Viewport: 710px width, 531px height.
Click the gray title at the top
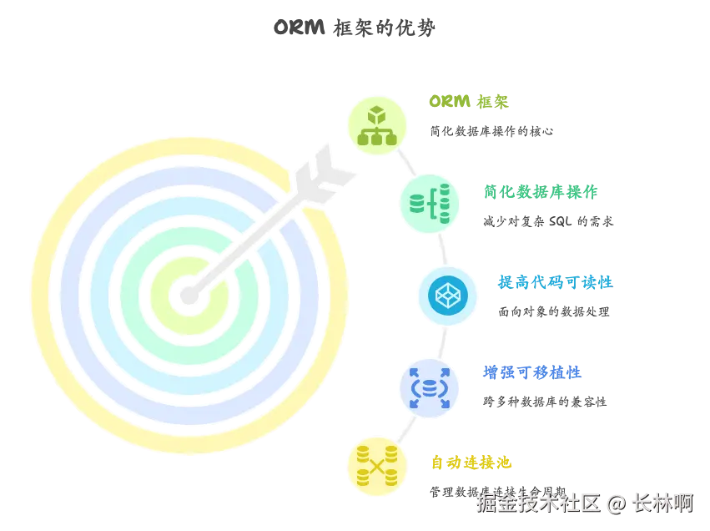click(355, 28)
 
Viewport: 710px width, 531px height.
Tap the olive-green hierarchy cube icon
click(376, 124)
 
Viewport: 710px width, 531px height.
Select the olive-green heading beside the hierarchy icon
click(470, 103)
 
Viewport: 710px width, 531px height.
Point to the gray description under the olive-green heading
click(491, 130)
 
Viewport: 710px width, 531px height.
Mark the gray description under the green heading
click(547, 220)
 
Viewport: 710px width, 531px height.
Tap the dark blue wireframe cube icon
click(448, 295)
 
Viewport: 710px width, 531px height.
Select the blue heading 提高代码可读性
click(554, 282)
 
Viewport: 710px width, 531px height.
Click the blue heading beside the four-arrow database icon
click(532, 372)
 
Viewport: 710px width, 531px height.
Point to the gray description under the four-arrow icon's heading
click(543, 400)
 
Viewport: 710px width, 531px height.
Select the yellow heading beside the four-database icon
click(470, 462)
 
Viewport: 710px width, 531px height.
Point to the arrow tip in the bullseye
click(189, 293)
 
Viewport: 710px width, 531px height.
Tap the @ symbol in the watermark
click(616, 503)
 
